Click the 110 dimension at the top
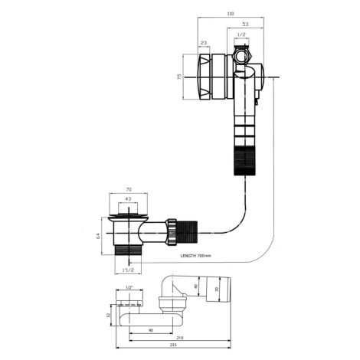pyautogui.click(x=231, y=14)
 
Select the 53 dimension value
pyautogui.click(x=245, y=25)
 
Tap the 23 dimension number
pyautogui.click(x=204, y=43)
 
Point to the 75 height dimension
pyautogui.click(x=179, y=77)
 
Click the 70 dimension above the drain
pyautogui.click(x=129, y=189)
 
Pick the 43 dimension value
pyautogui.click(x=128, y=198)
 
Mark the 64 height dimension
pyautogui.click(x=98, y=236)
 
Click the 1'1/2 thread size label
pyautogui.click(x=128, y=270)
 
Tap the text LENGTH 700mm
pyautogui.click(x=196, y=256)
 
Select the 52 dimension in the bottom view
pyautogui.click(x=108, y=315)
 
